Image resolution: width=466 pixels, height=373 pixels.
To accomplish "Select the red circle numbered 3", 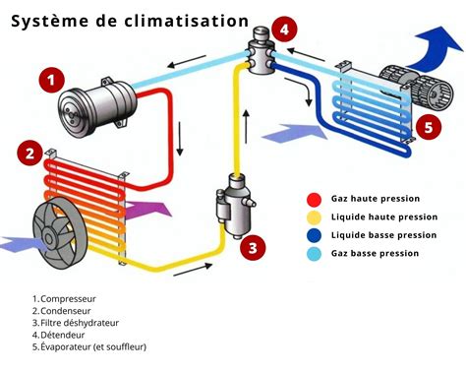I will (x=253, y=248).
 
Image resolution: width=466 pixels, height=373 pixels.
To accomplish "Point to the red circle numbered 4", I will (x=283, y=30).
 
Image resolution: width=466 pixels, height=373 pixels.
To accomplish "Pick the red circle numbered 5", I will (x=427, y=126).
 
